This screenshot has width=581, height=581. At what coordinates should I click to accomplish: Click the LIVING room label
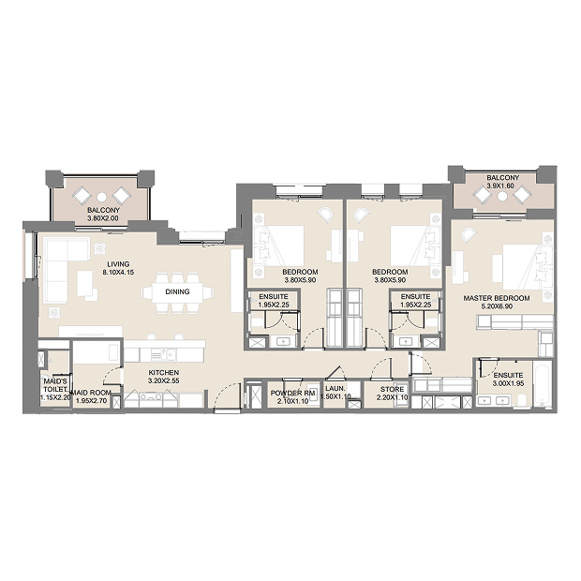[x=118, y=264]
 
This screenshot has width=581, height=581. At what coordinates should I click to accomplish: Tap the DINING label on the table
[x=177, y=292]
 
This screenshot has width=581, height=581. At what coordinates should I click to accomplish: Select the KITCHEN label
[x=164, y=373]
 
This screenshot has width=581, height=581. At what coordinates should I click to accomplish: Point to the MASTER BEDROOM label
[x=497, y=298]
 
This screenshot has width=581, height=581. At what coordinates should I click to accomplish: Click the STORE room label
[x=392, y=390]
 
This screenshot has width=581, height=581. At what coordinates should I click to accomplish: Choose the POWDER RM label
[x=292, y=394]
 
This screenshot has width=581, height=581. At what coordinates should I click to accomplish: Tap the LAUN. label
[x=335, y=389]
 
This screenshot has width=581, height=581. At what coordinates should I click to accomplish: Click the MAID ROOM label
[x=91, y=393]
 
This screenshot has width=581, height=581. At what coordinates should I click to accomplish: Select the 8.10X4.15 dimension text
[x=118, y=273]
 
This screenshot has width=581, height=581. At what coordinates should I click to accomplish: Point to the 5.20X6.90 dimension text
[x=497, y=306]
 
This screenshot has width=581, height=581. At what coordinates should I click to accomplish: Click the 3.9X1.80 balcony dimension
[x=500, y=186]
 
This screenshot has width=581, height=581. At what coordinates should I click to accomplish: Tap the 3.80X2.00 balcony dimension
[x=103, y=218]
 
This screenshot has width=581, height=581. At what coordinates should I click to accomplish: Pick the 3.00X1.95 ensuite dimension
[x=508, y=383]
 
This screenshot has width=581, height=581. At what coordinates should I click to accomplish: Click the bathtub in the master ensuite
[x=542, y=385]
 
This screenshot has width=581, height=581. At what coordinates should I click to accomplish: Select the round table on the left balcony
[x=101, y=197]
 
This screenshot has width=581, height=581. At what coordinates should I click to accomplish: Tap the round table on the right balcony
[x=502, y=196]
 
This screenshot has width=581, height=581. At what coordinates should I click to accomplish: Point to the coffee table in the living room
[x=85, y=283]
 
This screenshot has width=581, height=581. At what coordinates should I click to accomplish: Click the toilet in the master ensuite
[x=522, y=400]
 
